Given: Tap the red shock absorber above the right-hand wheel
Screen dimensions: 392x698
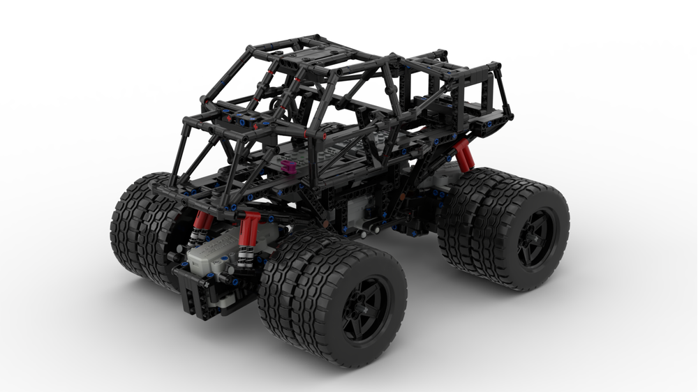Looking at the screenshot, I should (x=464, y=154).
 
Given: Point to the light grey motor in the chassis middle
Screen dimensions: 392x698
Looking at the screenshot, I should (x=364, y=205).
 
